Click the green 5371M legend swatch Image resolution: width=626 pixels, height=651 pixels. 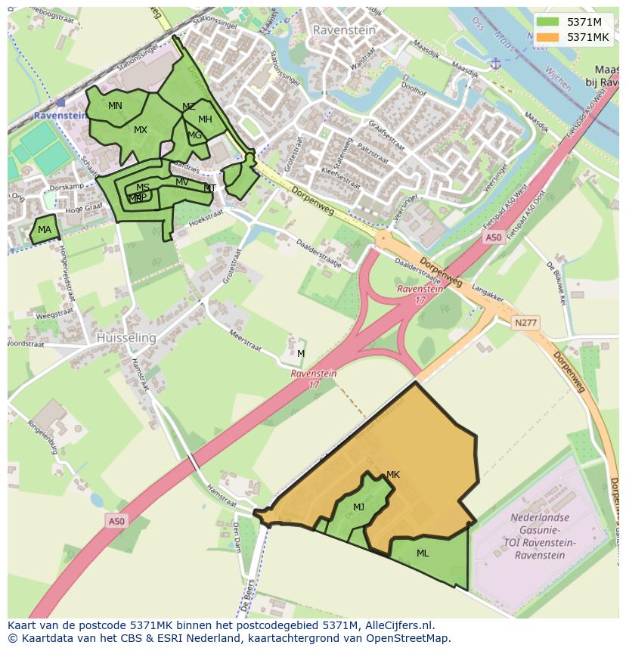pos(550,22)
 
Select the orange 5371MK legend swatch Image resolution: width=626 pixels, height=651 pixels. pos(550,36)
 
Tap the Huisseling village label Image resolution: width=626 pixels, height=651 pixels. pos(126,338)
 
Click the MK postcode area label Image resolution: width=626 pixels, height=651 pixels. pos(392,475)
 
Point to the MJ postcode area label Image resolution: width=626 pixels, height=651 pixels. pos(358,507)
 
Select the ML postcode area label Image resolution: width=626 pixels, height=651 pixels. pos(423,553)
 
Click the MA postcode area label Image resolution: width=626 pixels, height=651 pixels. pos(45,230)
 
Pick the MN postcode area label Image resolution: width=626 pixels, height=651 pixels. pos(115,106)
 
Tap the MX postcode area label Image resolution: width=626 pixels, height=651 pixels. pos(141,130)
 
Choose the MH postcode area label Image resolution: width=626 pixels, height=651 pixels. pos(205,119)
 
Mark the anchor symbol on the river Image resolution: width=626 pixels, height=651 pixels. pos(495,64)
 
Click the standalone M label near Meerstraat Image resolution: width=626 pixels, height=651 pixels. pos(301,354)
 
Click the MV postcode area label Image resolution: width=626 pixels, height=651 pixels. pos(182,182)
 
